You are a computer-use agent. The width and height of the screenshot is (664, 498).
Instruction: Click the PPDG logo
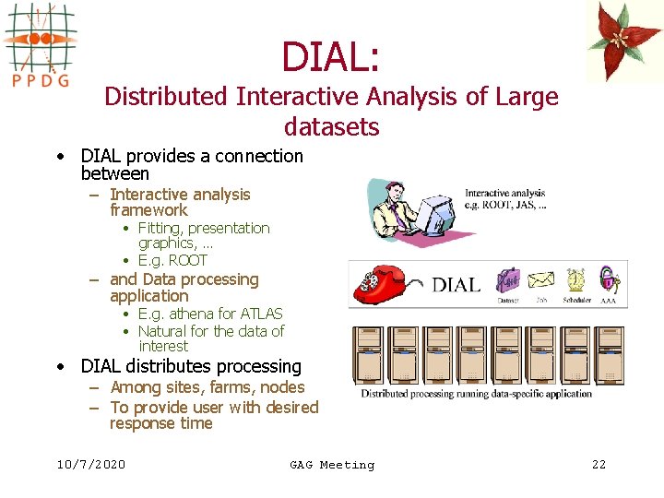(x=40, y=46)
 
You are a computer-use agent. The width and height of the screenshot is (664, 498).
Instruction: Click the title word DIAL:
(x=330, y=56)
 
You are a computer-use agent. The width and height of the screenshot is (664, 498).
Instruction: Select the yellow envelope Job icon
(x=540, y=279)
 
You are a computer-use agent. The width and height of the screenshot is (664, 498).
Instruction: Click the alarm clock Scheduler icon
(x=575, y=279)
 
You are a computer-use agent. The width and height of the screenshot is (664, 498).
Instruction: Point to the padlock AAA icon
(x=608, y=278)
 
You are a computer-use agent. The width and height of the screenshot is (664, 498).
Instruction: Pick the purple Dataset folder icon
(x=508, y=279)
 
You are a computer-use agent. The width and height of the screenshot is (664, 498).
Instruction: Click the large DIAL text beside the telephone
(x=456, y=284)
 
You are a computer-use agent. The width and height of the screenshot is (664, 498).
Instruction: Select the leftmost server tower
(x=368, y=355)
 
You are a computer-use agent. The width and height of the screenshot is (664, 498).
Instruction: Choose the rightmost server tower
(x=610, y=355)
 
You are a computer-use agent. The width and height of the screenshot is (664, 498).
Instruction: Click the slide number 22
(x=599, y=465)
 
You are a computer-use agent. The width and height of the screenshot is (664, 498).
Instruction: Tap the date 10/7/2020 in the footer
(x=90, y=465)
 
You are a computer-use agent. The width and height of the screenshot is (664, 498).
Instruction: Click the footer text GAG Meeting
(x=332, y=465)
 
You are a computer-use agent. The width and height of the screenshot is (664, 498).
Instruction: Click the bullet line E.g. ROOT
(x=172, y=260)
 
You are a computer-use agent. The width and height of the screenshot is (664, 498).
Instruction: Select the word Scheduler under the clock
(x=575, y=300)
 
